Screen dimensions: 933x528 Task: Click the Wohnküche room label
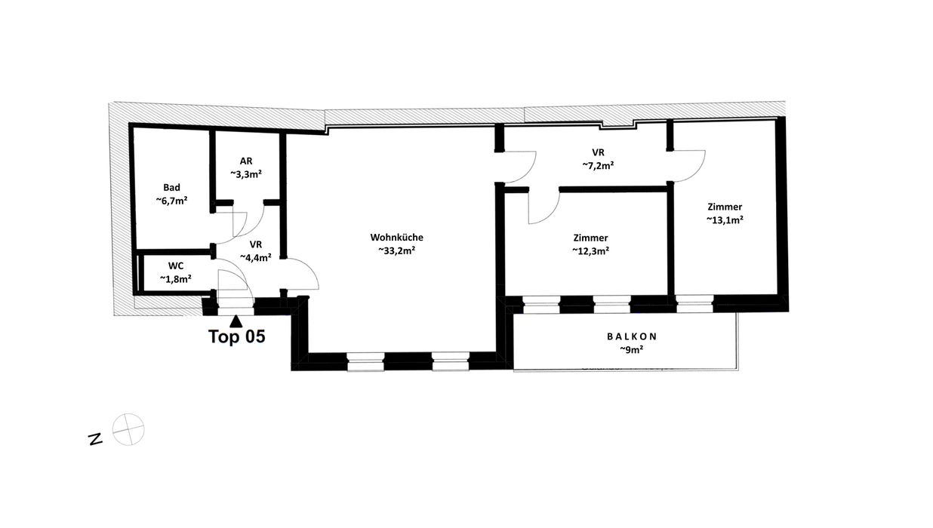pyautogui.click(x=396, y=238)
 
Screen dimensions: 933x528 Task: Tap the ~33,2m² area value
pyautogui.click(x=396, y=250)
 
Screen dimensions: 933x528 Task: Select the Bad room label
pyautogui.click(x=171, y=188)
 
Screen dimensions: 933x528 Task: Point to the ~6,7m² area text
pyautogui.click(x=171, y=201)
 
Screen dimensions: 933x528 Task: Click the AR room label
pyautogui.click(x=246, y=161)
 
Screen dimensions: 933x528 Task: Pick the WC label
pyautogui.click(x=176, y=266)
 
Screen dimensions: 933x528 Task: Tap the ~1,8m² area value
pyautogui.click(x=176, y=279)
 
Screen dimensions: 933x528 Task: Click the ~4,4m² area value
pyautogui.click(x=256, y=257)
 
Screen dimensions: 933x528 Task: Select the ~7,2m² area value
pyautogui.click(x=598, y=165)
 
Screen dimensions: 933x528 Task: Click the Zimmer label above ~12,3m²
pyautogui.click(x=590, y=238)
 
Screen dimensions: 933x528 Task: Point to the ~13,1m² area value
pyautogui.click(x=725, y=219)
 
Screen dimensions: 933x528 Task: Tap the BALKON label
pyautogui.click(x=632, y=336)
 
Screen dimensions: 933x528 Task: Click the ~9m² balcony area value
pyautogui.click(x=632, y=350)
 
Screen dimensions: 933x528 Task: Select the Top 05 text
pyautogui.click(x=236, y=336)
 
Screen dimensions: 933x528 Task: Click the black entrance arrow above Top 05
pyautogui.click(x=236, y=321)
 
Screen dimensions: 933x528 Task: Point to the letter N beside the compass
pyautogui.click(x=95, y=440)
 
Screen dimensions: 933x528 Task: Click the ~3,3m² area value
pyautogui.click(x=246, y=174)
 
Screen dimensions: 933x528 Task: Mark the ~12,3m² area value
pyautogui.click(x=590, y=251)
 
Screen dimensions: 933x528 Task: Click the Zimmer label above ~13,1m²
pyautogui.click(x=725, y=207)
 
